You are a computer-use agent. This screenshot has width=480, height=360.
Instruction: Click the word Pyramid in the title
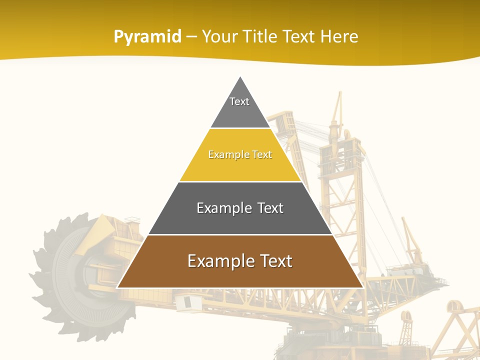pyautogui.click(x=147, y=37)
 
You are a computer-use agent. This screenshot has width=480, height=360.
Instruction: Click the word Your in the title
pyautogui.click(x=219, y=37)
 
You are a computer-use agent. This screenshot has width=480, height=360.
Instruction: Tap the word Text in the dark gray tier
pyautogui.click(x=269, y=208)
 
